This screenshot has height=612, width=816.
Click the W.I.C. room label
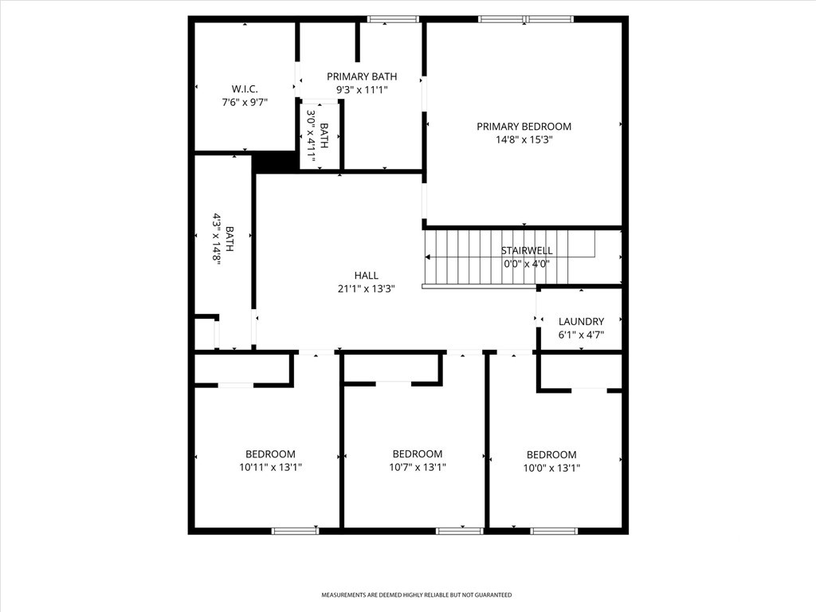tap(245, 89)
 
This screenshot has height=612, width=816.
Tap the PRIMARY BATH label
tap(362, 76)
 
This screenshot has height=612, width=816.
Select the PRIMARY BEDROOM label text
tap(524, 127)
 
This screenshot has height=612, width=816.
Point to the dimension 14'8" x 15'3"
tap(524, 139)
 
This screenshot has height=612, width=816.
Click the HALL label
tap(367, 275)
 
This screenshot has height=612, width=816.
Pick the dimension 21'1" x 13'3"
tap(367, 288)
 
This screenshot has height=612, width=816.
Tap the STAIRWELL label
tap(527, 251)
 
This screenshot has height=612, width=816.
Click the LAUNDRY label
tap(581, 322)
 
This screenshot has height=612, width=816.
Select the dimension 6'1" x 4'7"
tap(581, 335)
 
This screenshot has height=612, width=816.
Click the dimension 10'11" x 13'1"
tap(271, 467)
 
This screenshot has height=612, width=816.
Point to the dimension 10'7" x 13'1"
tap(418, 467)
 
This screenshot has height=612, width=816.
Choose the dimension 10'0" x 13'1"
tap(551, 468)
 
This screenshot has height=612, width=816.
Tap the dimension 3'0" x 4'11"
tap(312, 135)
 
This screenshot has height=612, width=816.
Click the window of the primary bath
tap(393, 19)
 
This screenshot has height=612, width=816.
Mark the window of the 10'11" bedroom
tap(296, 531)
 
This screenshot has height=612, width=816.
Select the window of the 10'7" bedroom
tap(460, 531)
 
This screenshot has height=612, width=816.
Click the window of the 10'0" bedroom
tap(554, 531)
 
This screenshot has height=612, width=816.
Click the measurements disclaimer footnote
tap(416, 594)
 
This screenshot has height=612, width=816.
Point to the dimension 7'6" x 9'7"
tap(245, 103)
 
